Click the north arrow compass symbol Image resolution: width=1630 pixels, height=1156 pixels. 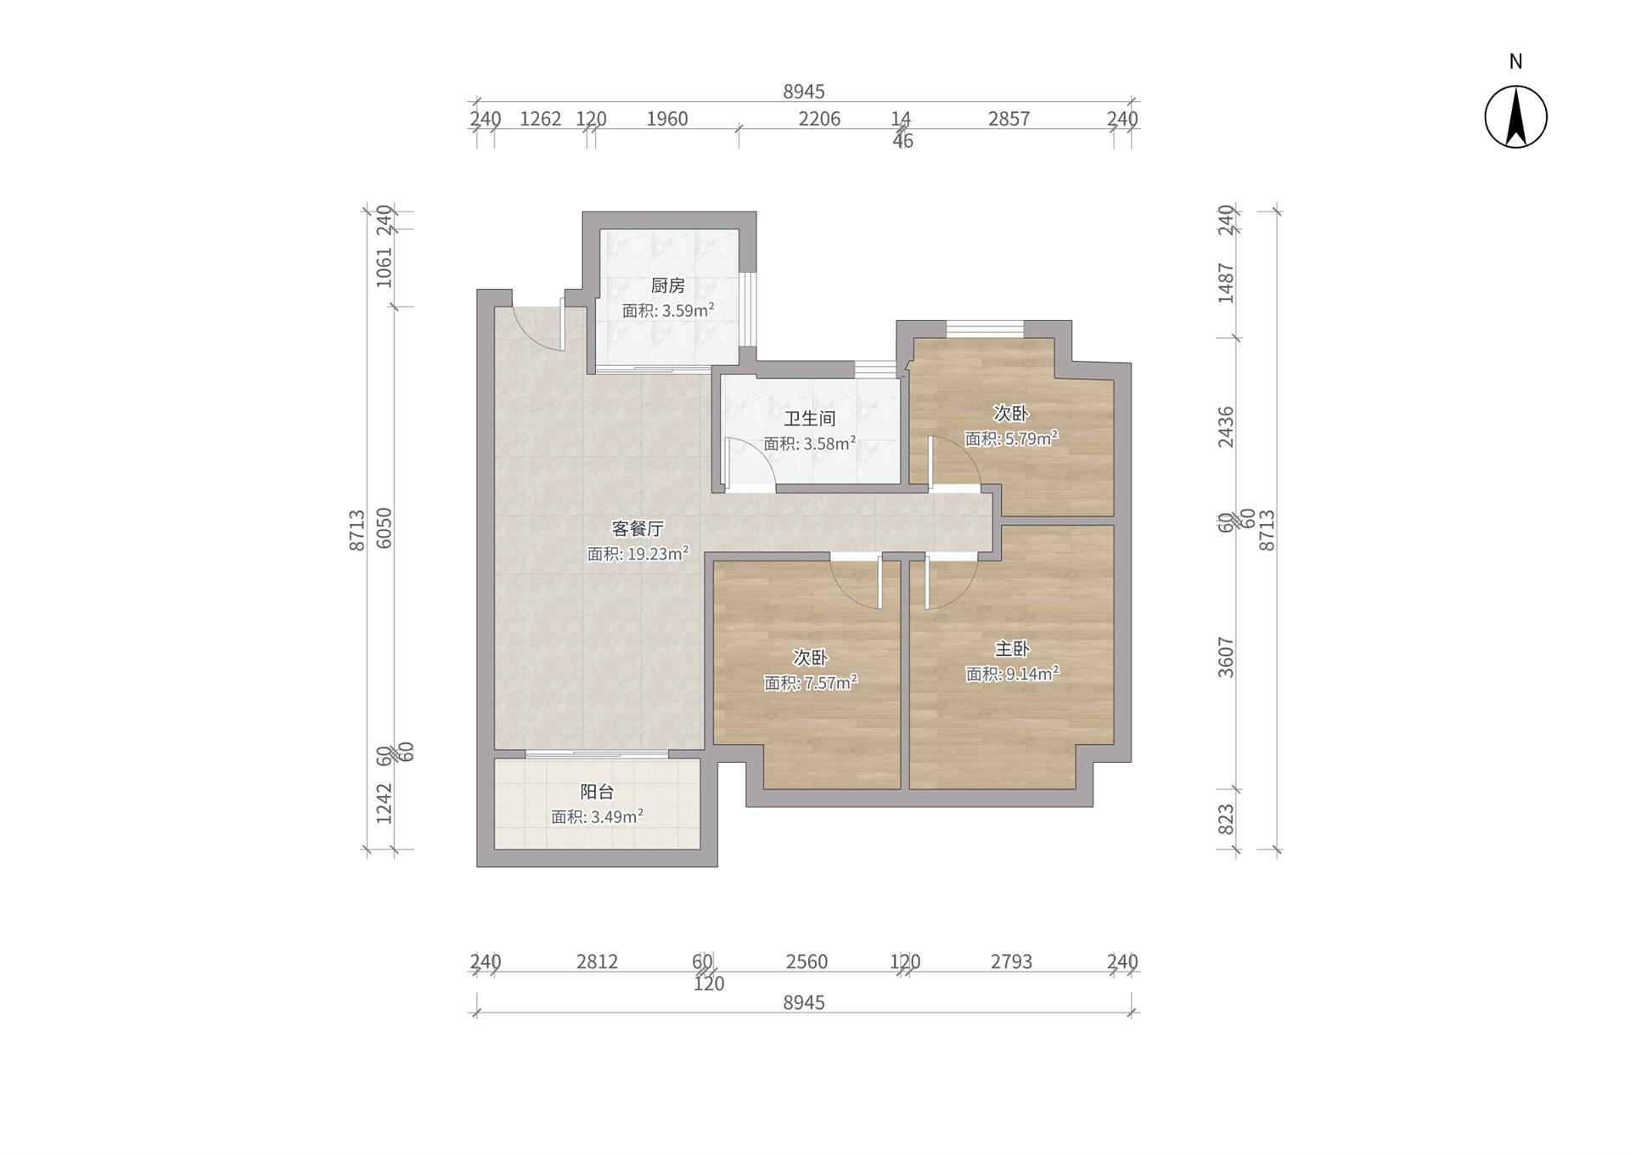coord(1515,117)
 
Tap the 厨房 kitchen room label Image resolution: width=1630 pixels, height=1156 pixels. coord(668,285)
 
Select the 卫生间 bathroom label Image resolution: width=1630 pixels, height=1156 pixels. coord(809,418)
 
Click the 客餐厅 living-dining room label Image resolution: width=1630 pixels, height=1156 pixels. coord(638,528)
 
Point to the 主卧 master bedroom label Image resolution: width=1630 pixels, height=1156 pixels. coord(1012,649)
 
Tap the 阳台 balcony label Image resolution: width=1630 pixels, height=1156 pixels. coord(597,792)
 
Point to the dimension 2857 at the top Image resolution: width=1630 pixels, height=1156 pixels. coord(1009,119)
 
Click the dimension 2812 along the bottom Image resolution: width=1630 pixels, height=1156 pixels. coord(597,961)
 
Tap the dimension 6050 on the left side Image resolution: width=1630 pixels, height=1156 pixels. coord(384,527)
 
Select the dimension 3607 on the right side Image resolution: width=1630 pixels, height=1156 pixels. coord(1225,657)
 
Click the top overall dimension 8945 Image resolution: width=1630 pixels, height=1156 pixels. coord(804,92)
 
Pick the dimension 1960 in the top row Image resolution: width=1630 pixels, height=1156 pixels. coord(667,119)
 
